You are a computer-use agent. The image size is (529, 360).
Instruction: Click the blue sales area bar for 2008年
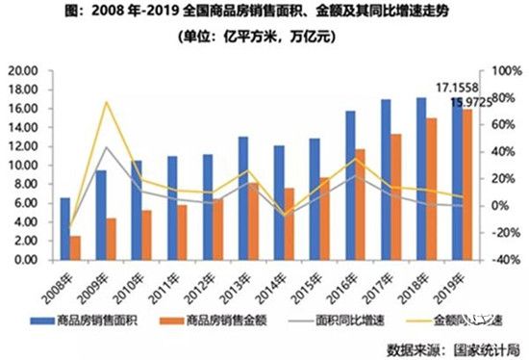click(x=65, y=228)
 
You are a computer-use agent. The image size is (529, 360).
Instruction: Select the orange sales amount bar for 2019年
click(x=467, y=184)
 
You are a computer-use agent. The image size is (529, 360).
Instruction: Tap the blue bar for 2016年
click(x=350, y=185)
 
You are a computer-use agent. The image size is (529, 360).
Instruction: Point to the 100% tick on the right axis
click(x=505, y=71)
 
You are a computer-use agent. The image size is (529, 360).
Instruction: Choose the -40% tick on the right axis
click(x=505, y=260)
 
